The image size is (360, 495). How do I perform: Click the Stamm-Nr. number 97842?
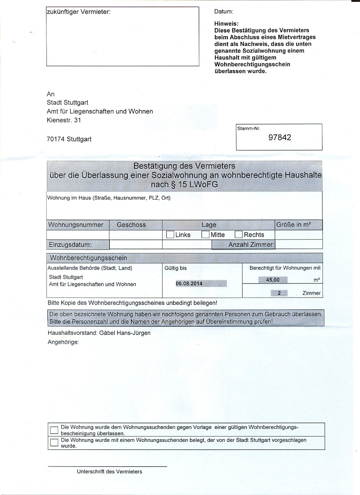[280, 137]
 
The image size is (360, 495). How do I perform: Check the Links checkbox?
[170, 234]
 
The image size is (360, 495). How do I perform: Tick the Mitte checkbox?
[205, 234]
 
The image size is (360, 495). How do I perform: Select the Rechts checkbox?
[239, 234]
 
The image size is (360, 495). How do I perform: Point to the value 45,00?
[272, 280]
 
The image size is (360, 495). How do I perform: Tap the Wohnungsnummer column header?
[75, 225]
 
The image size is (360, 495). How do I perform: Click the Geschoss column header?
[131, 225]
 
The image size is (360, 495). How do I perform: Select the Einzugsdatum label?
[70, 245]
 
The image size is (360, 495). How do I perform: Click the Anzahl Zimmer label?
[251, 245]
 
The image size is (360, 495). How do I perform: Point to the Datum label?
[224, 12]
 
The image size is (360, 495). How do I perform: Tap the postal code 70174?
[56, 139]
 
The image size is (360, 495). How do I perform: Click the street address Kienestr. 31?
[64, 120]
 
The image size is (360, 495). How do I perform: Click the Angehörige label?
[63, 342]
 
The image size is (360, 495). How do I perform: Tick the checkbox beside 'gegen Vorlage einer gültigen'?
[54, 430]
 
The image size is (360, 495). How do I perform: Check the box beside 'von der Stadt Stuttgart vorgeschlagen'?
[54, 442]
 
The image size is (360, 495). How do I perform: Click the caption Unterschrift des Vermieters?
[109, 471]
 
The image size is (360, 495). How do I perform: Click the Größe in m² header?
[293, 225]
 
